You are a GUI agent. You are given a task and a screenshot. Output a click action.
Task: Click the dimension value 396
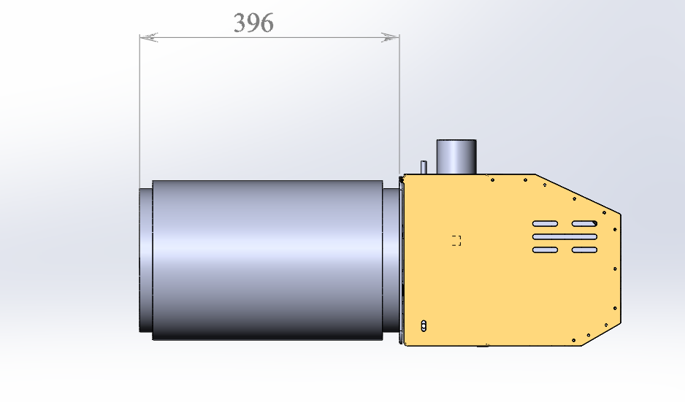254,23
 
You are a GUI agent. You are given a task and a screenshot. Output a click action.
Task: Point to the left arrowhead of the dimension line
148,37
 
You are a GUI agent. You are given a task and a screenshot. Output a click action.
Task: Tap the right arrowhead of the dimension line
390,37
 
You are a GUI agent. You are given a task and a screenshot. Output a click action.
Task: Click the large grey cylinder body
267,260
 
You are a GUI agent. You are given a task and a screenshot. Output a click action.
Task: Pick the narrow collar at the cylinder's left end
145,260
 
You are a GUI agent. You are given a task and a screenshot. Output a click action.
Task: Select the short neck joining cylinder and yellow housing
391,260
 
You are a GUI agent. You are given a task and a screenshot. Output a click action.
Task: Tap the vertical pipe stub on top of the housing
456,157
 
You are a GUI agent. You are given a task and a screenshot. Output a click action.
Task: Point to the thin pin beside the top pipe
424,167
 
